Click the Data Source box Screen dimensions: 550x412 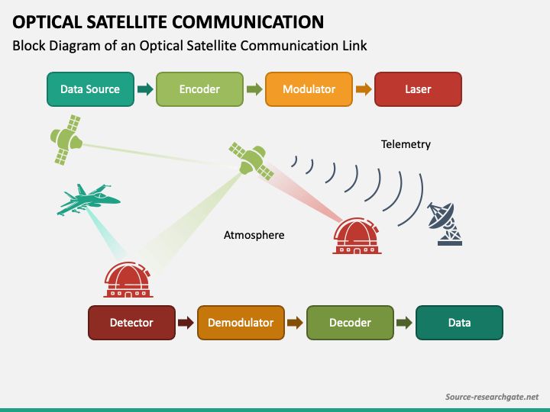90,89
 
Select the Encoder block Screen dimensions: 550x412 199,89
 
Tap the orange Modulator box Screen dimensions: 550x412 309,89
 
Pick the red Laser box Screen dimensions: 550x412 418,89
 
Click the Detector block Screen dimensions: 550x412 131,323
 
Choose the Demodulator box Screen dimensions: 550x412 241,323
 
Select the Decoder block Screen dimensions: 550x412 350,323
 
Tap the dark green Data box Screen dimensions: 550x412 459,323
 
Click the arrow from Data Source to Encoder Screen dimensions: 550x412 145,89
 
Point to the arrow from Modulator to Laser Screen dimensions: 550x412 364,89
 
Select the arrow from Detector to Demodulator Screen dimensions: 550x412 186,323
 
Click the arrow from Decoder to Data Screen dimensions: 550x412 404,323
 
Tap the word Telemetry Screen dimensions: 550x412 406,144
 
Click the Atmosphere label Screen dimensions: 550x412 254,235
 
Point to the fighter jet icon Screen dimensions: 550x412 89,199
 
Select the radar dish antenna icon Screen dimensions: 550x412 445,224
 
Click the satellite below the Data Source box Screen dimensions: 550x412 66,140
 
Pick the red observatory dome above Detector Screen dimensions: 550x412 128,279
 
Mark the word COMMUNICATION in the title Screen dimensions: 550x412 248,21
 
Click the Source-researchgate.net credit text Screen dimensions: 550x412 492,397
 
